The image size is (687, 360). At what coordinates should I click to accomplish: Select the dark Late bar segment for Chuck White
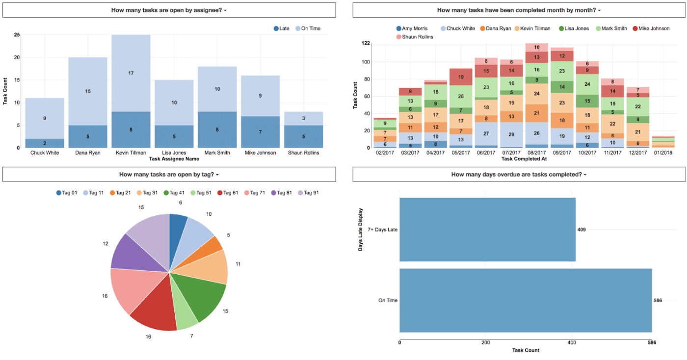tap(45, 143)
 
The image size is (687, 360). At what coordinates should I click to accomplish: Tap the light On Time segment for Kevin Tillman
tap(131, 73)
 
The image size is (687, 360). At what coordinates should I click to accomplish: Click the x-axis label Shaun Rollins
tap(303, 153)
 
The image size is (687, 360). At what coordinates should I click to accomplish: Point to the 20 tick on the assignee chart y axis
tap(17, 57)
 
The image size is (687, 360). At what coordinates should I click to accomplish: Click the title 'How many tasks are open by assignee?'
tap(169, 10)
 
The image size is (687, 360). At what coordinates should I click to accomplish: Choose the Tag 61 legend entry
tap(227, 193)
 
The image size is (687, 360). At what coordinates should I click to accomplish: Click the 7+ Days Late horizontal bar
tap(487, 230)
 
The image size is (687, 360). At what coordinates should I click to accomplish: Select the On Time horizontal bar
tap(525, 300)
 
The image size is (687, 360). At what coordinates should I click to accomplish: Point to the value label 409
tap(581, 230)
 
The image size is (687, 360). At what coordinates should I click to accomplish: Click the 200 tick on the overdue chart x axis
tap(486, 343)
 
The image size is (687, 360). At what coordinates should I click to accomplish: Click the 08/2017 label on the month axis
tap(537, 153)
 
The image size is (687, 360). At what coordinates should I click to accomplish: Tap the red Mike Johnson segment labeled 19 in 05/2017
tap(461, 77)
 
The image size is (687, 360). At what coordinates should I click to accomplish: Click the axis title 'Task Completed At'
tap(523, 159)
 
